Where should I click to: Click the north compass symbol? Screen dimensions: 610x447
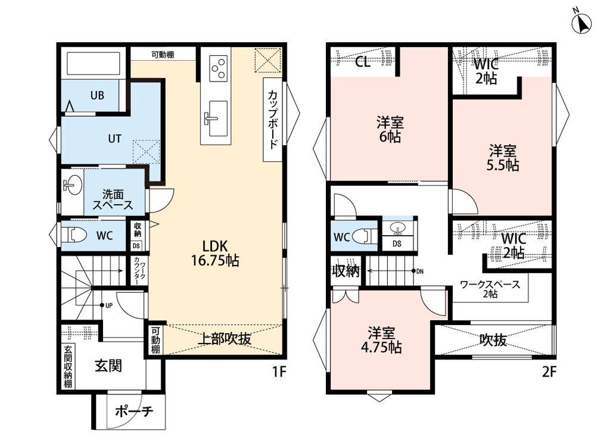(x=581, y=22)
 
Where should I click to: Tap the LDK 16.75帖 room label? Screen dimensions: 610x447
(x=214, y=252)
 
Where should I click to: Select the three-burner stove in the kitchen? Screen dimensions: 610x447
(x=218, y=68)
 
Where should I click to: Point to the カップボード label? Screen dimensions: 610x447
(x=273, y=119)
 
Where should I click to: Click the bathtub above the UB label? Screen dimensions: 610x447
(x=93, y=63)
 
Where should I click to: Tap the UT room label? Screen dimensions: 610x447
(x=114, y=138)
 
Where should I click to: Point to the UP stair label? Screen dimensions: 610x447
(x=109, y=305)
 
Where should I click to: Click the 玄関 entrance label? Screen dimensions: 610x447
(x=108, y=365)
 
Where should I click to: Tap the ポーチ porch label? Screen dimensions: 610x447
(x=134, y=411)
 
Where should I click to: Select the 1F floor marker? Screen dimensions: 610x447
(x=279, y=372)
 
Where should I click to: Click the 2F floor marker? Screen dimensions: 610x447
(x=549, y=372)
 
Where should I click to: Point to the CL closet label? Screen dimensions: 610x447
(x=363, y=62)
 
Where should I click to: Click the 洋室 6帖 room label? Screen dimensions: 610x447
(x=390, y=129)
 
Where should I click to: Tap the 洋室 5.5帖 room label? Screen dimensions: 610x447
(x=503, y=157)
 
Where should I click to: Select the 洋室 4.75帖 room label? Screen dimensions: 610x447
(x=381, y=340)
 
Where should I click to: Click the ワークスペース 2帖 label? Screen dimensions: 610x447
(x=490, y=289)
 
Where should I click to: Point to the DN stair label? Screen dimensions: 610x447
(x=420, y=271)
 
